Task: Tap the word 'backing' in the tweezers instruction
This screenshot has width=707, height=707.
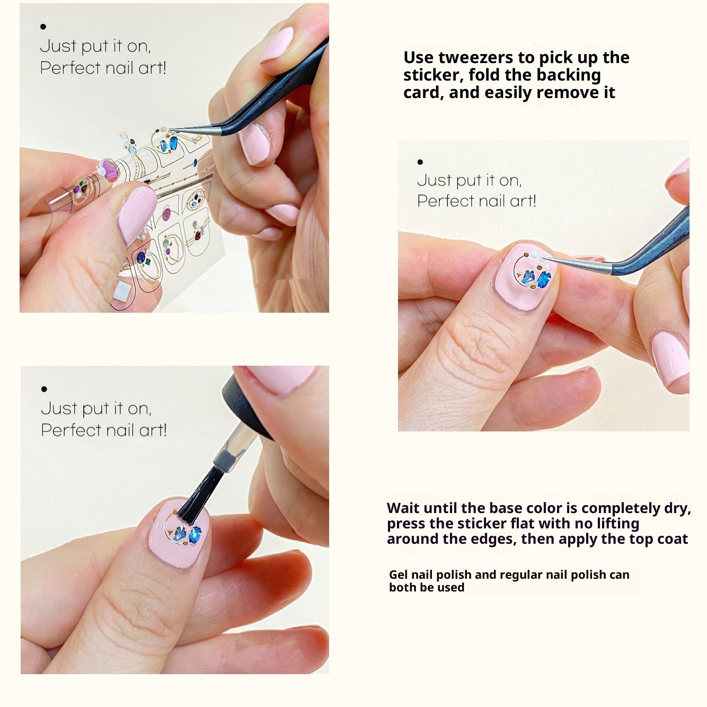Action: [x=569, y=76]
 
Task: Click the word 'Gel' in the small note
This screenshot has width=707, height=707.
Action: [x=397, y=575]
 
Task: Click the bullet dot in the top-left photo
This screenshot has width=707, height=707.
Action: [x=43, y=26]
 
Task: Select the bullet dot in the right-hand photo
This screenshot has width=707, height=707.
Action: [x=420, y=162]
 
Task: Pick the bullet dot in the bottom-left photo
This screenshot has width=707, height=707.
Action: [x=44, y=389]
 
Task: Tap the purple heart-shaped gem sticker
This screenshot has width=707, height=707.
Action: [x=109, y=170]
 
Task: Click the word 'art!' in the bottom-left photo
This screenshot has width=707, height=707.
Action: [x=153, y=430]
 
